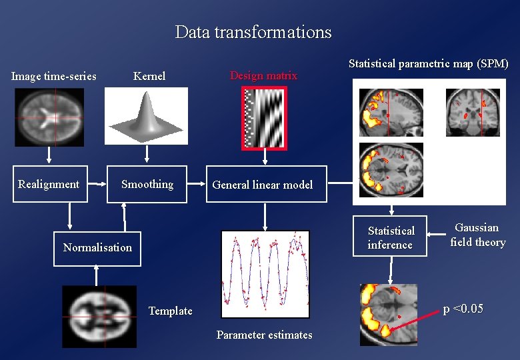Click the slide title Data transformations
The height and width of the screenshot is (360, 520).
click(253, 32)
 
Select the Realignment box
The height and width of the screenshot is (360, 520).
click(49, 184)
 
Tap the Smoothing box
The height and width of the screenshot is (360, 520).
click(147, 184)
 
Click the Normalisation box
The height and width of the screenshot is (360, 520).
click(97, 247)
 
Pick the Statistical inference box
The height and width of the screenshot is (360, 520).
click(391, 237)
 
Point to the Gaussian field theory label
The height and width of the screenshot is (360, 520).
click(477, 235)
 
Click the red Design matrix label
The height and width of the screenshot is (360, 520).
click(263, 75)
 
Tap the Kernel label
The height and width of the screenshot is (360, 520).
click(149, 76)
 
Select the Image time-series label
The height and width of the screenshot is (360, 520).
click(54, 76)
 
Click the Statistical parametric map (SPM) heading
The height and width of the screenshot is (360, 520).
click(429, 64)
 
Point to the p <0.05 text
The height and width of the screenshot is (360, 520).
click(463, 309)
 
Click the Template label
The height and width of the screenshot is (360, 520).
click(170, 311)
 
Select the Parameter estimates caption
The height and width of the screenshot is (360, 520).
click(264, 335)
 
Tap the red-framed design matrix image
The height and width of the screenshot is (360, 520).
click(265, 117)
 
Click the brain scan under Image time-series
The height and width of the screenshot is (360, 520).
click(49, 117)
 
